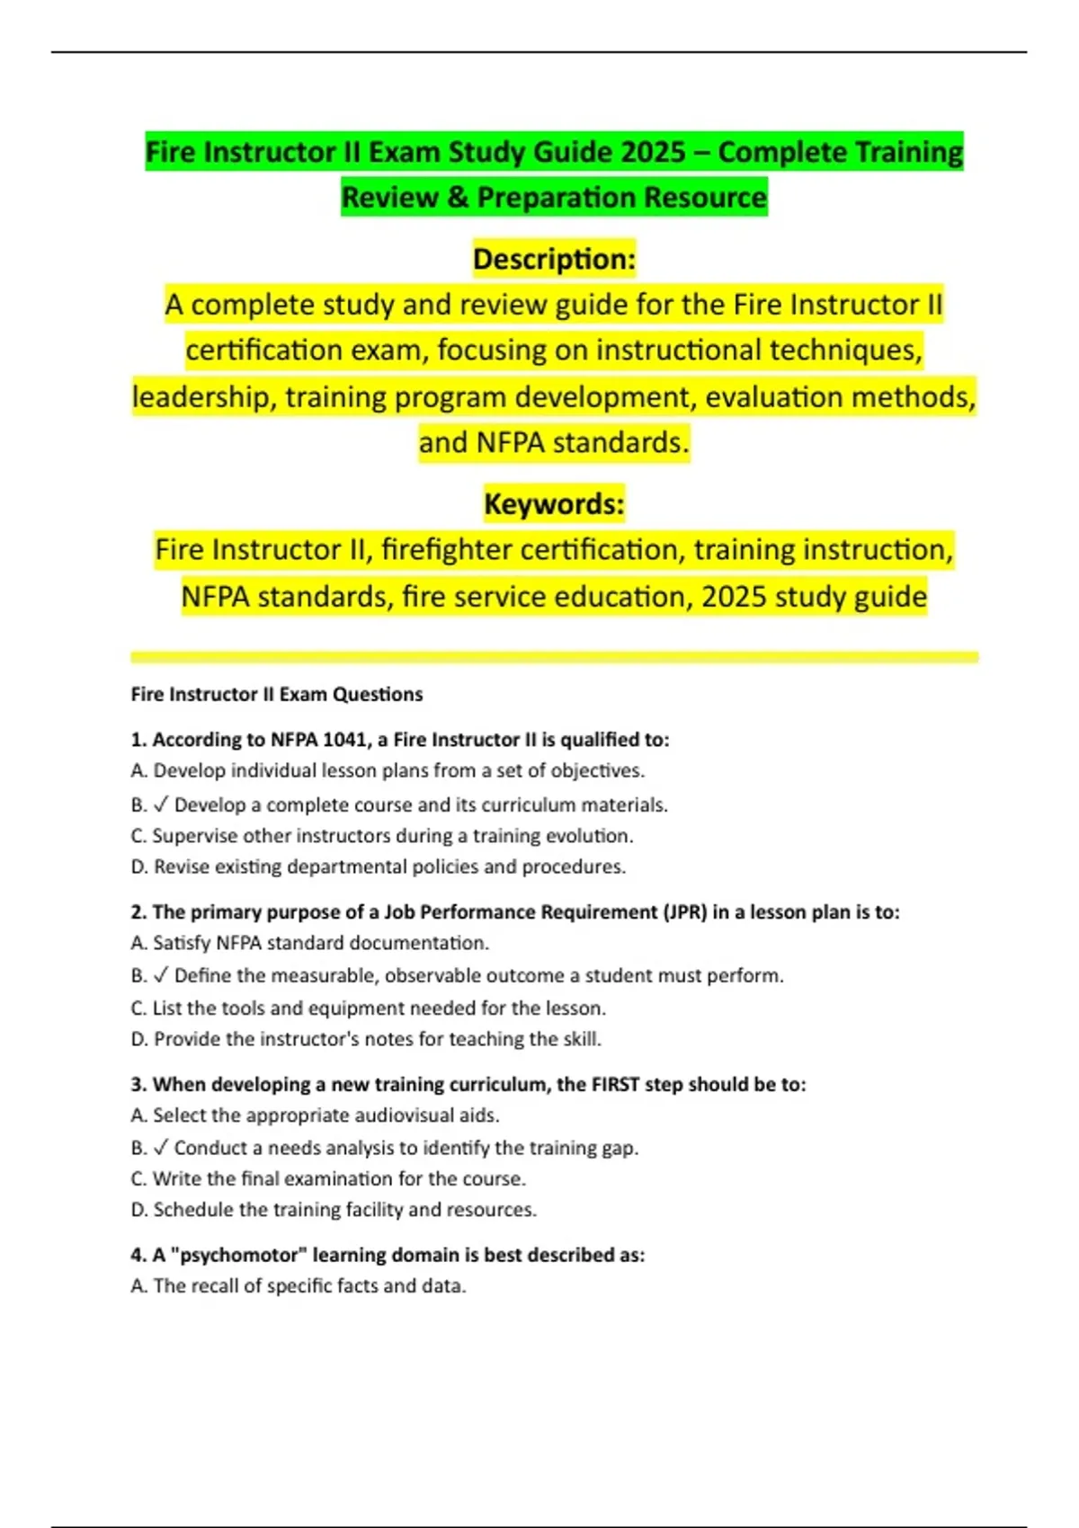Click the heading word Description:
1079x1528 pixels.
pyautogui.click(x=554, y=259)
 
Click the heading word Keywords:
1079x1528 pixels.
pyautogui.click(x=554, y=503)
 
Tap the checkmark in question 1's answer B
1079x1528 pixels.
pyautogui.click(x=161, y=804)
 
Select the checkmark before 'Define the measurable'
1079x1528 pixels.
pyautogui.click(x=161, y=975)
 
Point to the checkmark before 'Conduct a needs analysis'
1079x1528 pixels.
pyautogui.click(x=161, y=1148)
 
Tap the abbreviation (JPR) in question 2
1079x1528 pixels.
pyautogui.click(x=685, y=911)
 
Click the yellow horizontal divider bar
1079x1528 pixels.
pyautogui.click(x=554, y=657)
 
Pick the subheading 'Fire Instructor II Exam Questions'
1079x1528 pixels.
pyautogui.click(x=277, y=694)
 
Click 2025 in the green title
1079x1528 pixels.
pyautogui.click(x=653, y=152)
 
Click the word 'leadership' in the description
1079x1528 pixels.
pyautogui.click(x=203, y=396)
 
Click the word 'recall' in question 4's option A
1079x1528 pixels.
pyautogui.click(x=215, y=1286)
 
